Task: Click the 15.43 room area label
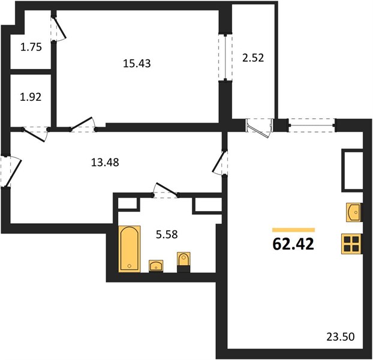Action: (137, 64)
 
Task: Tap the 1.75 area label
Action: (31, 47)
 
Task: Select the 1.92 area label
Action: (31, 97)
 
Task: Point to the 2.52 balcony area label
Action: (253, 58)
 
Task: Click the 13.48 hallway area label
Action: (105, 163)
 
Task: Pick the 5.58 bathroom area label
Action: (167, 235)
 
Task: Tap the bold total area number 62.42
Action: (293, 244)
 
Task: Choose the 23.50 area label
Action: (341, 337)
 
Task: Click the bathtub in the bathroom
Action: (130, 249)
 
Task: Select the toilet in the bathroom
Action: (184, 262)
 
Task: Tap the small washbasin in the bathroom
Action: (156, 266)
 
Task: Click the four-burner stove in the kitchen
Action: (351, 244)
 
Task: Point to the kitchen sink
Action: (354, 212)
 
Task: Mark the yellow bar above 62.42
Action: (294, 230)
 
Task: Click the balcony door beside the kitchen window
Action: (258, 128)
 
